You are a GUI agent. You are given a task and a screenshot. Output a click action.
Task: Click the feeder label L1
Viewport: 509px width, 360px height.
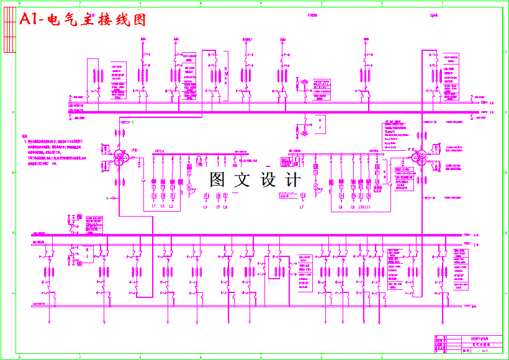pos(154,207)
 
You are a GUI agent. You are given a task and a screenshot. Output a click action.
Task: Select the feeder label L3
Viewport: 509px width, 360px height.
pos(171,207)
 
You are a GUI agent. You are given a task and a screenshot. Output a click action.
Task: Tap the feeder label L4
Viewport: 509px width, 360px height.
pos(205,207)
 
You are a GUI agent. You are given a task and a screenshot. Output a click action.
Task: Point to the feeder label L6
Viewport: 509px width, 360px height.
pos(225,207)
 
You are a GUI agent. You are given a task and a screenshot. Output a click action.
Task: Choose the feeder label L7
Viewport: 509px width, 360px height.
pos(302,207)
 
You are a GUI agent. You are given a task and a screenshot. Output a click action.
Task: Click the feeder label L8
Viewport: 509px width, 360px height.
pos(340,207)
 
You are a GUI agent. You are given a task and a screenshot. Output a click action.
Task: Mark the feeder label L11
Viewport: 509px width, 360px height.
pos(368,207)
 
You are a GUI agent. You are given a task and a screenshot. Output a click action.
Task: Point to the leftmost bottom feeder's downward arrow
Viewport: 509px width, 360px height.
pos(49,323)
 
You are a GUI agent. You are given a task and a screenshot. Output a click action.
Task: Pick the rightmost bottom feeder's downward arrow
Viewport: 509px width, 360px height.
pos(441,323)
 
